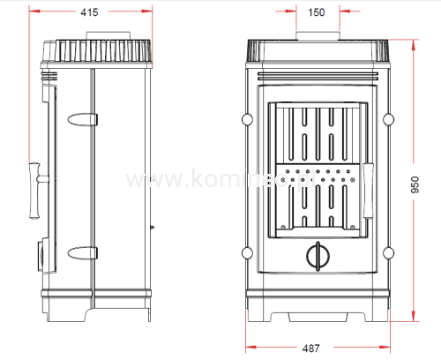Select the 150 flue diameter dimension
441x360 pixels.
[315, 12]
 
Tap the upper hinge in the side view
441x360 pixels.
[82, 117]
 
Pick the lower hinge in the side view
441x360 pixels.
[82, 253]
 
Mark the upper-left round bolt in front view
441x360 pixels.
[244, 117]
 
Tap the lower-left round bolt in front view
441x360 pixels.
[244, 253]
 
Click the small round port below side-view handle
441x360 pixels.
[42, 252]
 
